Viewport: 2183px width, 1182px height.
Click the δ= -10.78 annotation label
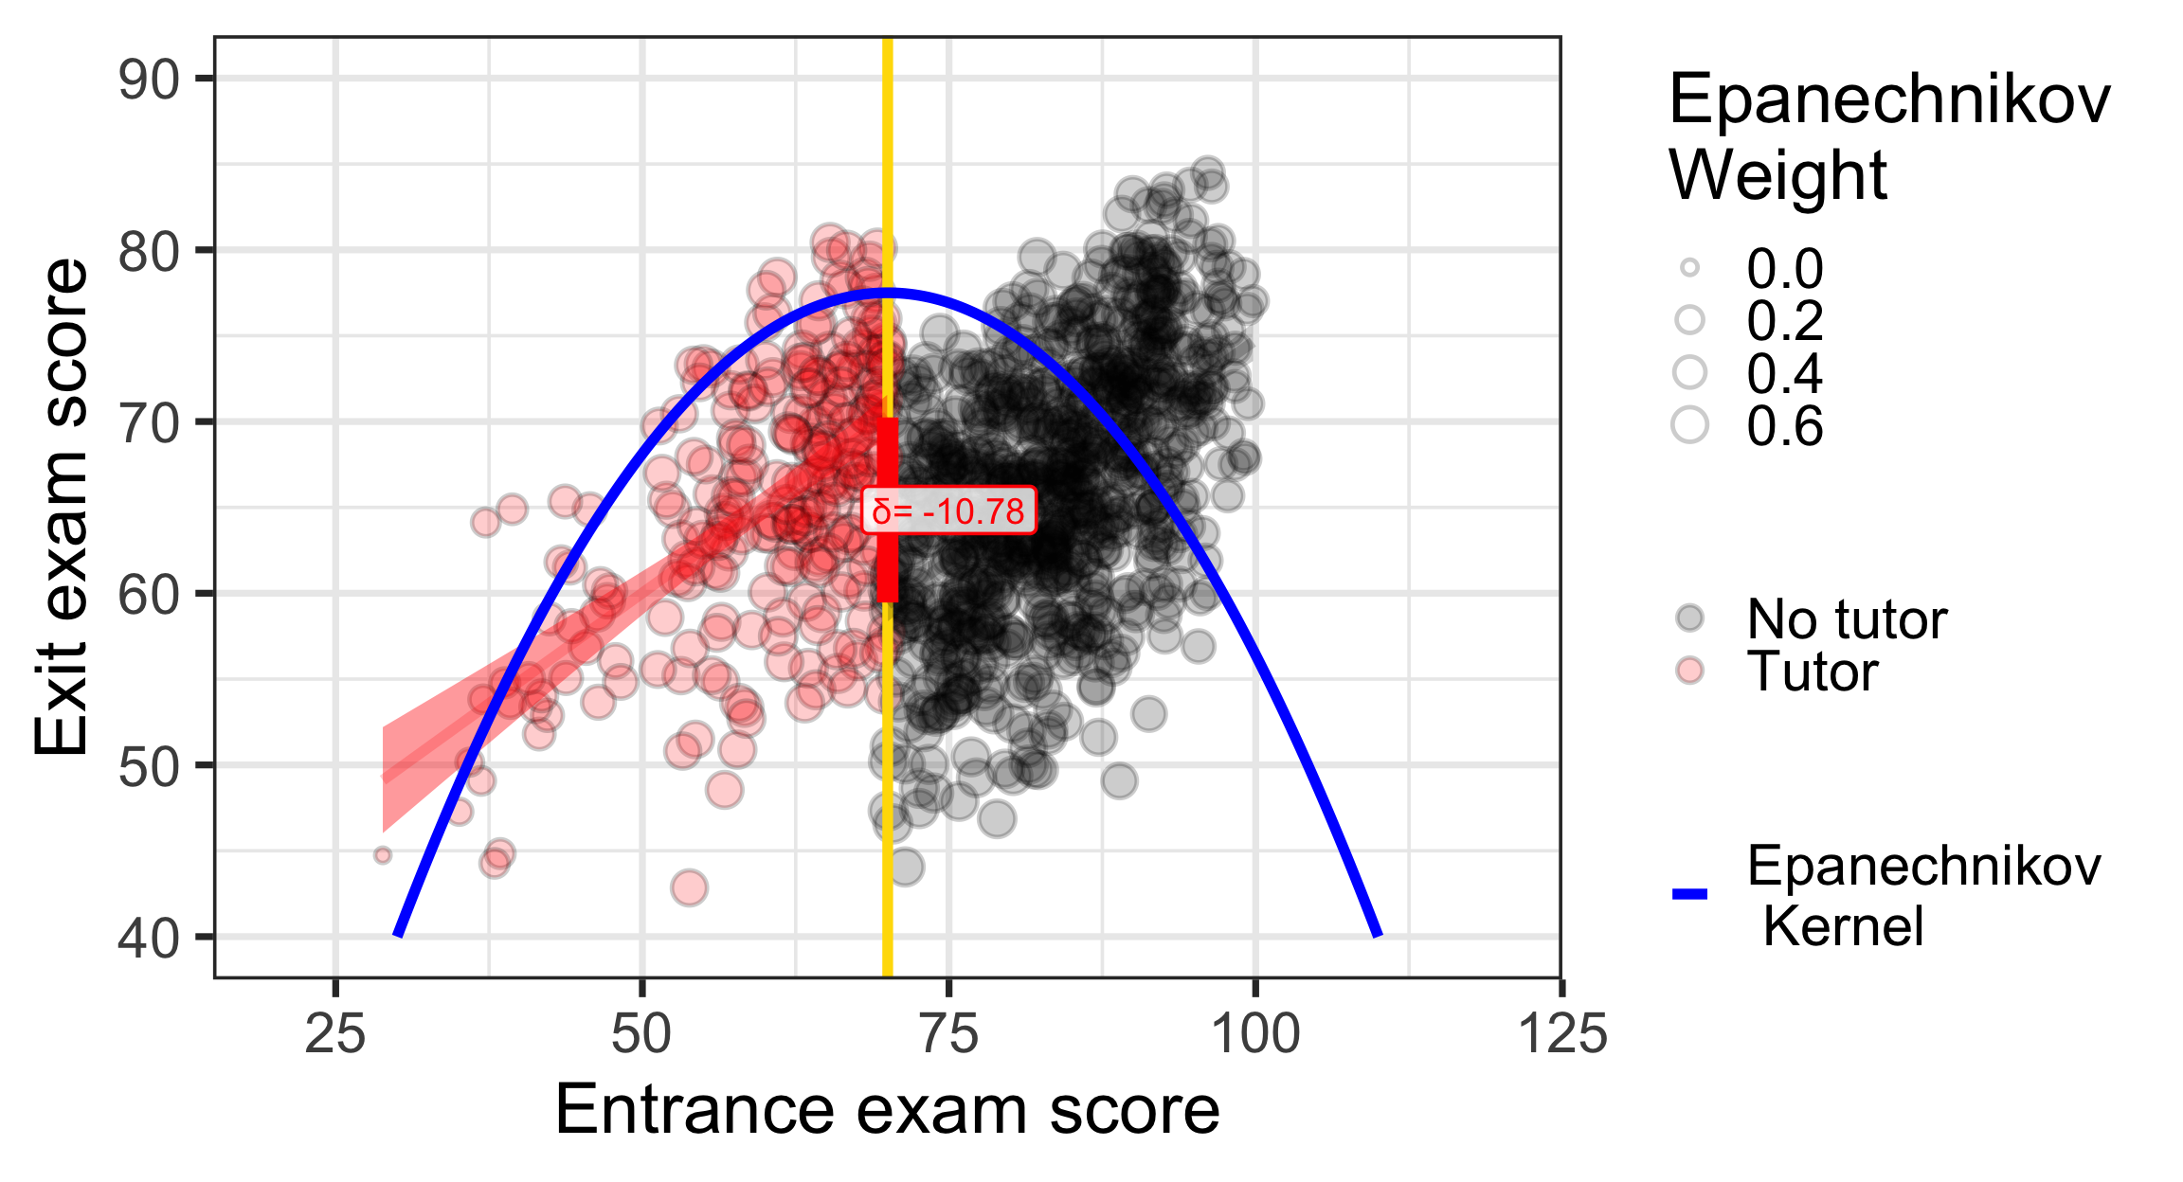point(948,511)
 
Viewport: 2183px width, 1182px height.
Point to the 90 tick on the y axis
point(149,79)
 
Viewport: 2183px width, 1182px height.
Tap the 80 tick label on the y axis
point(149,251)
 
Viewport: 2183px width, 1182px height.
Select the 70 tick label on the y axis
point(149,422)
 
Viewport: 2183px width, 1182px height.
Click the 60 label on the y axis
point(149,595)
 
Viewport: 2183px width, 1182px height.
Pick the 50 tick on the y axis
point(149,766)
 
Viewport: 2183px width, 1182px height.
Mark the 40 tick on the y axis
point(149,938)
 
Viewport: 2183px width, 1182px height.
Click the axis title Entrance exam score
point(887,1110)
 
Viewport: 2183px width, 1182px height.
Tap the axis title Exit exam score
point(61,507)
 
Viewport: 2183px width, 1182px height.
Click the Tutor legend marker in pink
point(1689,672)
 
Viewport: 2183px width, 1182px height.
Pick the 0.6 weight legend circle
point(1689,425)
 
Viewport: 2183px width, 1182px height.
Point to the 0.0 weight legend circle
point(1689,268)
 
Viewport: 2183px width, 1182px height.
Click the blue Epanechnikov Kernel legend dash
point(1689,893)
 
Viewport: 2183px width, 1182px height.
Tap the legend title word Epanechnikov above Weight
point(1889,99)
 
